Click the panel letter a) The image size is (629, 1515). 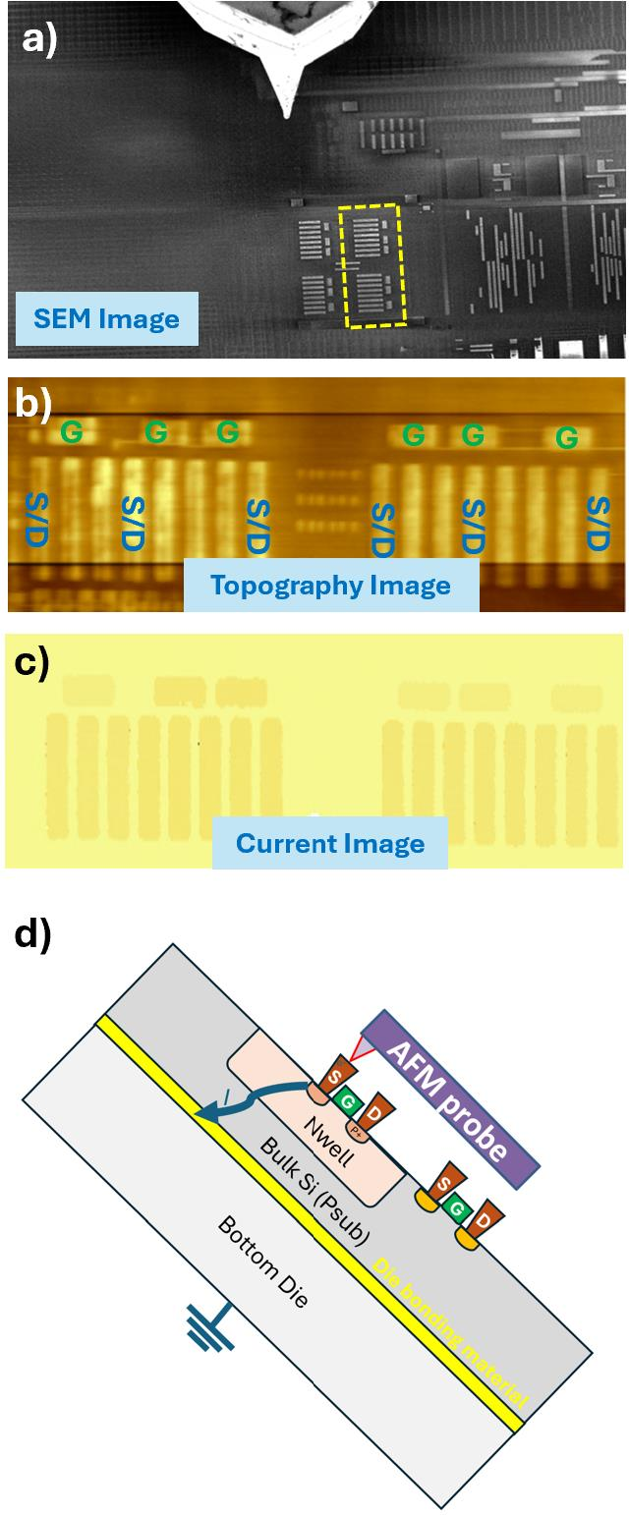pos(39,40)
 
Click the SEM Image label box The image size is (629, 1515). pos(107,318)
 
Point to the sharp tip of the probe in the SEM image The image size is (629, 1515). pos(287,117)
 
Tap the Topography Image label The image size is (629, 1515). pos(331,585)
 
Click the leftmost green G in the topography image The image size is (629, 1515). pos(72,431)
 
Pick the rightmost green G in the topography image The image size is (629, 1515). pos(567,438)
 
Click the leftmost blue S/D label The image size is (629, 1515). pos(37,520)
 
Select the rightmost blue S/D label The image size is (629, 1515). pos(599,524)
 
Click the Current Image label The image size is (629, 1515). pos(330,843)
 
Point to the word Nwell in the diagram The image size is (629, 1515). pos(328,1143)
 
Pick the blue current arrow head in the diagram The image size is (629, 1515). pos(204,1112)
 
